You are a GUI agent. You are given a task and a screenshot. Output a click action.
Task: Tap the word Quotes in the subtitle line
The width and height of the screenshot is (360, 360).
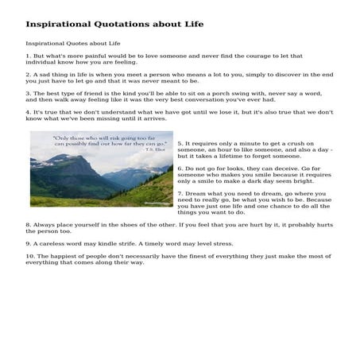tap(78, 43)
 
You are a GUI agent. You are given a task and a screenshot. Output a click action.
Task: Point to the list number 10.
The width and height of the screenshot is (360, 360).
tap(29, 257)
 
